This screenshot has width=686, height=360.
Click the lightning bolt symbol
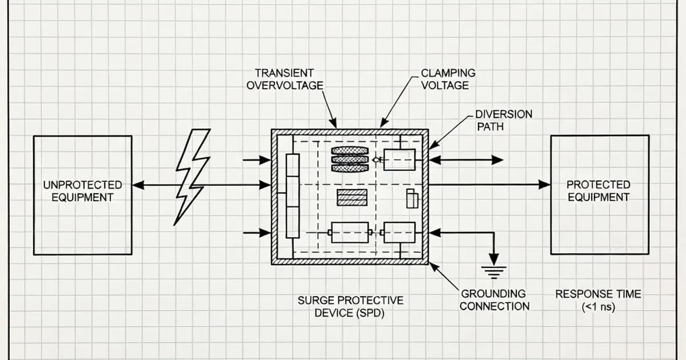[x=192, y=177]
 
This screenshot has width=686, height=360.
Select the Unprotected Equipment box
[x=82, y=194]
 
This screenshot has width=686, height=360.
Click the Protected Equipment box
[x=599, y=194]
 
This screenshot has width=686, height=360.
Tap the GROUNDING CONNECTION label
[x=494, y=299]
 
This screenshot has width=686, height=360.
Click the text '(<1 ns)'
[x=597, y=307]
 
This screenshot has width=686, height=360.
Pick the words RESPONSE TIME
[x=598, y=294]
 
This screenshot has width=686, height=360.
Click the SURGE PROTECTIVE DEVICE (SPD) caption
[x=350, y=307]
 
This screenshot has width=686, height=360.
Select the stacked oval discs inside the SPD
[x=350, y=159]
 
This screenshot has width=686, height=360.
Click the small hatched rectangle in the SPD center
[x=352, y=197]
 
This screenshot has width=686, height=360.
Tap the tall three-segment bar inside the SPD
[x=292, y=195]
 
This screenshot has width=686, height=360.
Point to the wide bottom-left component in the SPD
[x=349, y=232]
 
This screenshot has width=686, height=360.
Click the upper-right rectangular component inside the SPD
[x=399, y=159]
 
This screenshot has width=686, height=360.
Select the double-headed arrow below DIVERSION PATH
[x=466, y=161]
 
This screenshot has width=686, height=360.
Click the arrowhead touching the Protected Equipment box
[x=545, y=185]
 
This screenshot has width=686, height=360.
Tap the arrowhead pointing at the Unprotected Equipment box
[x=138, y=185]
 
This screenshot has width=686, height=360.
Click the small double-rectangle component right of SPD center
[x=412, y=199]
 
